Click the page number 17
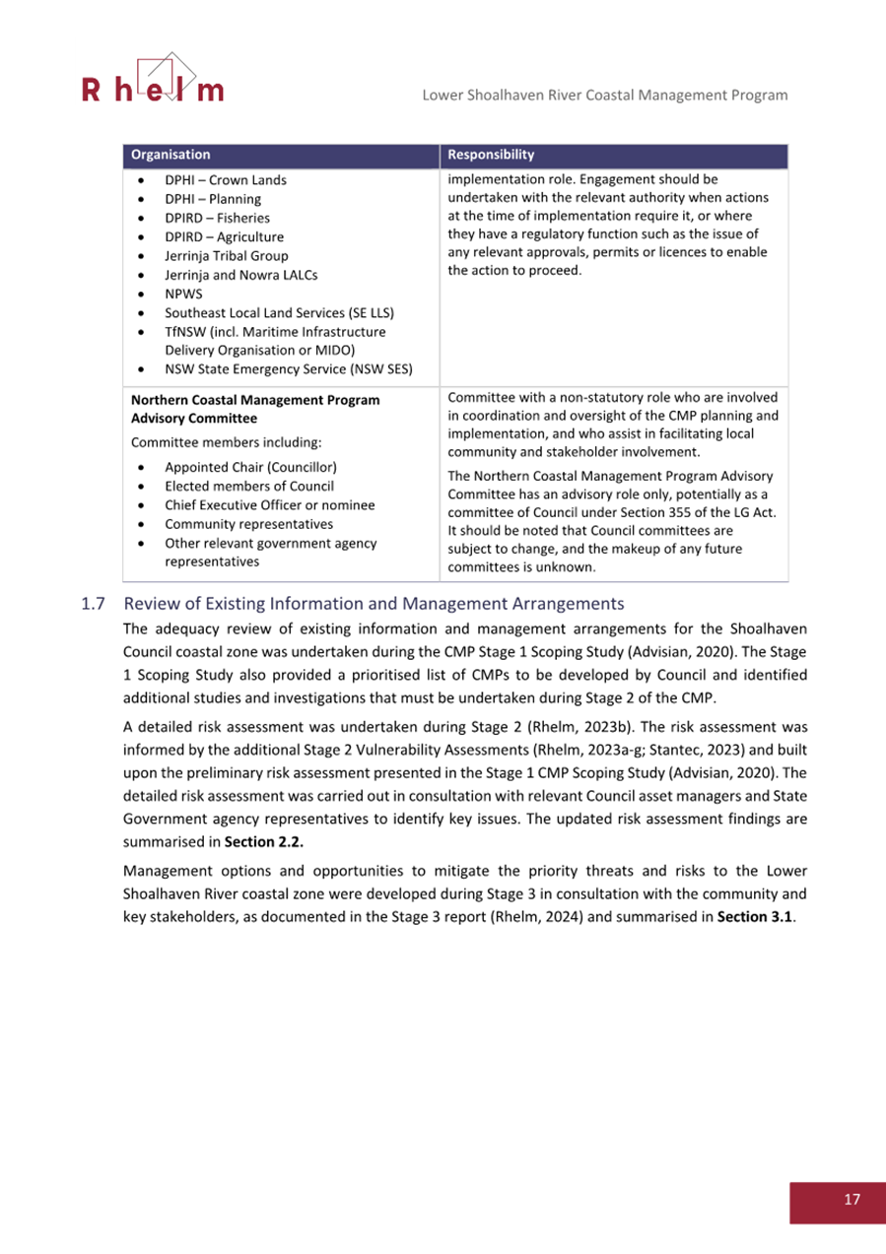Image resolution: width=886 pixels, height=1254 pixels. tap(852, 1199)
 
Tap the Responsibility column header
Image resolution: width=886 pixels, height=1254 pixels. tap(491, 155)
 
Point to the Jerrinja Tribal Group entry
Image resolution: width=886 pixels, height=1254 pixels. tap(227, 255)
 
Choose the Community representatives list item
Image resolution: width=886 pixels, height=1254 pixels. tap(241, 523)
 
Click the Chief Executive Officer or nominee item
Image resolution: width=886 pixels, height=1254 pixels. tap(269, 504)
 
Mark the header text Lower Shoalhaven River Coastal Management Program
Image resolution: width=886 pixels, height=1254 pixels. tap(604, 95)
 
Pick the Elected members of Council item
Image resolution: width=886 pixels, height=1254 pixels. tap(249, 486)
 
